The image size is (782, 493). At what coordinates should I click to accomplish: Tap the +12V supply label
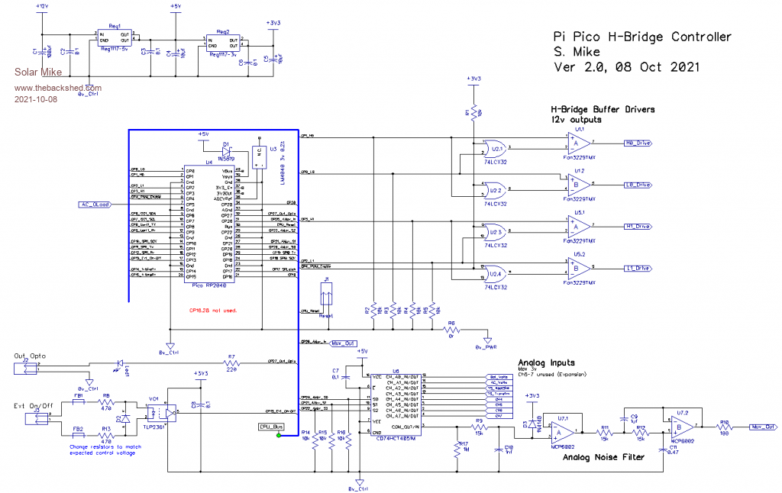click(42, 5)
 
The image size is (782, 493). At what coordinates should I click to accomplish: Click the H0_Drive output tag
click(637, 143)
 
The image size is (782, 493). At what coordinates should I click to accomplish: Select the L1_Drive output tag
click(637, 269)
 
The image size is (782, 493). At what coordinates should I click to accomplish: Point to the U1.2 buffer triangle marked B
click(575, 184)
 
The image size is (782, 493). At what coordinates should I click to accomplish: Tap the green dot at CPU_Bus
click(280, 436)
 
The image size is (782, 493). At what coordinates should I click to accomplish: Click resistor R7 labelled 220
click(230, 362)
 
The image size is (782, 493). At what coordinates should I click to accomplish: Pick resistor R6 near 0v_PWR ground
click(451, 329)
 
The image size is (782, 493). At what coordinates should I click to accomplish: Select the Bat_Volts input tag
click(497, 377)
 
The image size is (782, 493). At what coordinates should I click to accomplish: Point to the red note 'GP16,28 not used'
click(213, 311)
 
